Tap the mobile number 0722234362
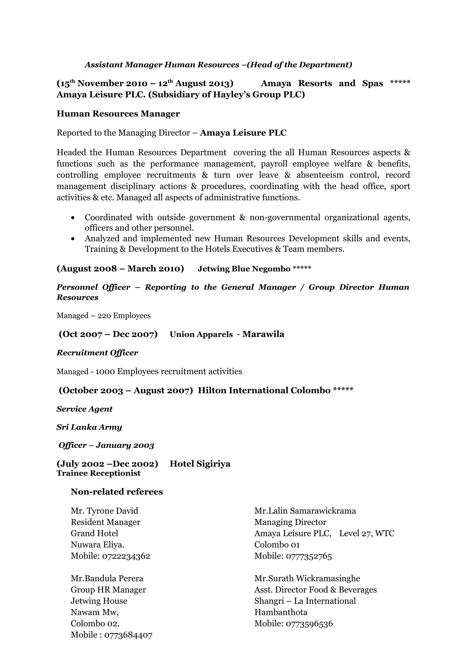pyautogui.click(x=126, y=556)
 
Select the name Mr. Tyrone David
pyautogui.click(x=104, y=511)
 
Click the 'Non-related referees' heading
pyautogui.click(x=117, y=492)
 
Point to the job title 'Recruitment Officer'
pyautogui.click(x=97, y=353)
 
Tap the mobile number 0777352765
pyautogui.click(x=309, y=556)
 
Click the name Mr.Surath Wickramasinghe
pyautogui.click(x=307, y=578)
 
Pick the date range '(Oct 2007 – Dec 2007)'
pyautogui.click(x=108, y=334)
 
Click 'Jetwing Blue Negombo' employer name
pyautogui.click(x=244, y=269)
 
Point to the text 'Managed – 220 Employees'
pyautogui.click(x=104, y=315)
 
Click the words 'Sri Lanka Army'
pyautogui.click(x=89, y=427)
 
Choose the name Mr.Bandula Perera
pyautogui.click(x=107, y=578)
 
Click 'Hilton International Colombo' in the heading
pyautogui.click(x=264, y=391)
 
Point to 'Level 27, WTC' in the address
pyautogui.click(x=367, y=533)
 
